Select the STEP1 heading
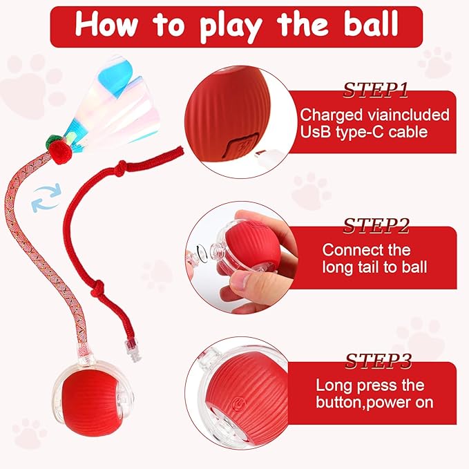375,90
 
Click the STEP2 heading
376,225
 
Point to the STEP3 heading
379,361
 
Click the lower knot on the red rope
98,288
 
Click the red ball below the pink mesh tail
89,401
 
